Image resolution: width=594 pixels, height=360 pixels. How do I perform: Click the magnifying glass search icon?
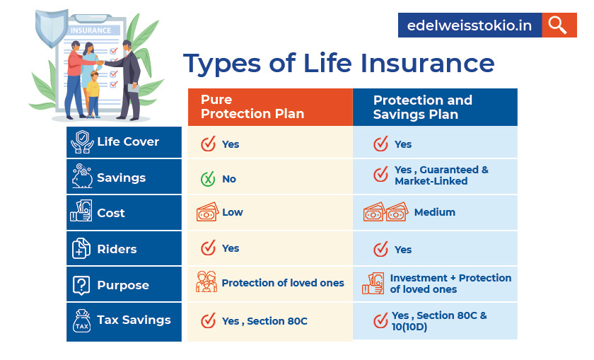(559, 25)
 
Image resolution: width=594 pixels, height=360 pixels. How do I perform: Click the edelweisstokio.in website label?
(470, 25)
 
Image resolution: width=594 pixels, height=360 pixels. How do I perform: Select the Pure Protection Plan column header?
(270, 107)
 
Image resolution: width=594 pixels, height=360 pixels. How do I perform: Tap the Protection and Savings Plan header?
(435, 107)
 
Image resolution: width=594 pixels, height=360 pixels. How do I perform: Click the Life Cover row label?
(127, 141)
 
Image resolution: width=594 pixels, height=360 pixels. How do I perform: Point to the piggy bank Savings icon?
(82, 177)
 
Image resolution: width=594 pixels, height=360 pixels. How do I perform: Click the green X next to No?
(207, 179)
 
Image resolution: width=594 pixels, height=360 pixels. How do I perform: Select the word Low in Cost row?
(232, 212)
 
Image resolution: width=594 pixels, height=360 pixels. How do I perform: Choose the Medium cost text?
(434, 212)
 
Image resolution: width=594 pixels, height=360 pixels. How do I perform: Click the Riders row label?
(117, 249)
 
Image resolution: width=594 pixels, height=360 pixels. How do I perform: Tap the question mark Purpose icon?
(82, 285)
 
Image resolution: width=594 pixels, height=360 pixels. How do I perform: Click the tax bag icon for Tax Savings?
(82, 321)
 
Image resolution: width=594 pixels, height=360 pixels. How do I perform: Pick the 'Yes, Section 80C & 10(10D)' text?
(439, 321)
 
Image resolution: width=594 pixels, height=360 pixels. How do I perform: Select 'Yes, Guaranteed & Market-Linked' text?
(441, 175)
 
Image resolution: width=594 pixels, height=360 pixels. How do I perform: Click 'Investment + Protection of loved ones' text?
(450, 284)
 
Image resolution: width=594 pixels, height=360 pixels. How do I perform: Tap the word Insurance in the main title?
(427, 63)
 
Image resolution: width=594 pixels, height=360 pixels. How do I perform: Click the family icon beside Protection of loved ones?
(206, 282)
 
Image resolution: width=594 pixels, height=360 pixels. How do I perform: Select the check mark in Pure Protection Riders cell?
(208, 248)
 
